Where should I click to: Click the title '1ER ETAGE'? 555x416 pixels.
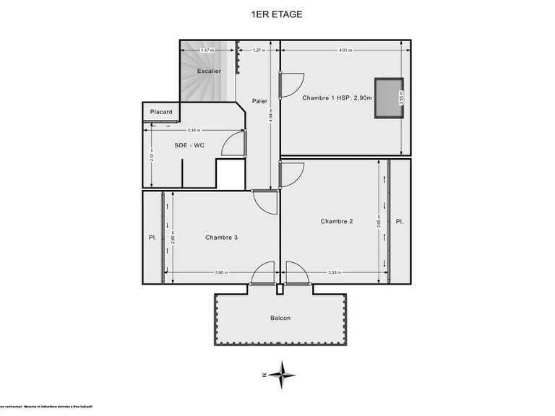click(277, 13)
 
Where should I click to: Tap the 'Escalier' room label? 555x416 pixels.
click(209, 71)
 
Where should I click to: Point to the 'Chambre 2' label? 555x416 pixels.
click(337, 221)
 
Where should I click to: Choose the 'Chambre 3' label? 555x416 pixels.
click(221, 237)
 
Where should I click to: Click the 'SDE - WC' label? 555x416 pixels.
click(189, 145)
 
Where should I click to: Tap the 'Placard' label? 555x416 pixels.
click(161, 112)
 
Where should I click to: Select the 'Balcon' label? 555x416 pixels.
click(280, 318)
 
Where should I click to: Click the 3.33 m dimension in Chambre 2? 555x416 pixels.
click(334, 272)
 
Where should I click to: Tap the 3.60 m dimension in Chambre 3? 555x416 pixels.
click(222, 272)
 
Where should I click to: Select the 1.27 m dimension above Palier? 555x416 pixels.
click(258, 51)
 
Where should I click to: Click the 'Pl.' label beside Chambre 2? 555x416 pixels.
click(399, 221)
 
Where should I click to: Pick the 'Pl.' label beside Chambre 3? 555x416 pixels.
click(152, 237)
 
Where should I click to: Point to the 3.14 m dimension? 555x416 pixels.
click(193, 130)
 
